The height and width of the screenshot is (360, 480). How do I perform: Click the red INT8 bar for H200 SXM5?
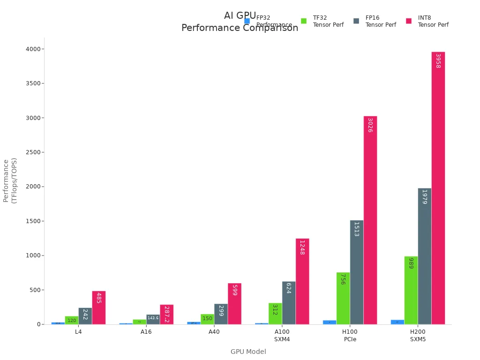(x=438, y=187)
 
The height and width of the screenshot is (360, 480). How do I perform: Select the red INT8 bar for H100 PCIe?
(x=370, y=220)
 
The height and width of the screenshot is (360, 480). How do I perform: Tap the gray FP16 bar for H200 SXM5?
(x=424, y=256)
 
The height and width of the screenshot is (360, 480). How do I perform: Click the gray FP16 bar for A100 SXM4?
(x=288, y=303)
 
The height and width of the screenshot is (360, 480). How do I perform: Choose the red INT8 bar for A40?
(x=234, y=304)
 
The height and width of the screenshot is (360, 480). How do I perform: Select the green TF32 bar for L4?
(x=71, y=320)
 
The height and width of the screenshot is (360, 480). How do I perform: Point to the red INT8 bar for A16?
(x=166, y=315)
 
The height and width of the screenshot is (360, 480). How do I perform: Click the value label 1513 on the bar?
(x=356, y=229)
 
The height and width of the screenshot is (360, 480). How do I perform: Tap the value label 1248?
(x=302, y=247)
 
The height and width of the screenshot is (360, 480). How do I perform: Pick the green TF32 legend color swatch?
(x=304, y=21)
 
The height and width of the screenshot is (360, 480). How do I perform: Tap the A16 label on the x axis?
(x=146, y=332)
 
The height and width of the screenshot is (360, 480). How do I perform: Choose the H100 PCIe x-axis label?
(x=350, y=335)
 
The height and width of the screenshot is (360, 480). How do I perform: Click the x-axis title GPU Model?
(x=248, y=352)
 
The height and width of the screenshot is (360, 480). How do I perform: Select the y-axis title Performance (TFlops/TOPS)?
(x=10, y=180)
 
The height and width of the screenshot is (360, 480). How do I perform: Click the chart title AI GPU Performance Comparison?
(x=240, y=22)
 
